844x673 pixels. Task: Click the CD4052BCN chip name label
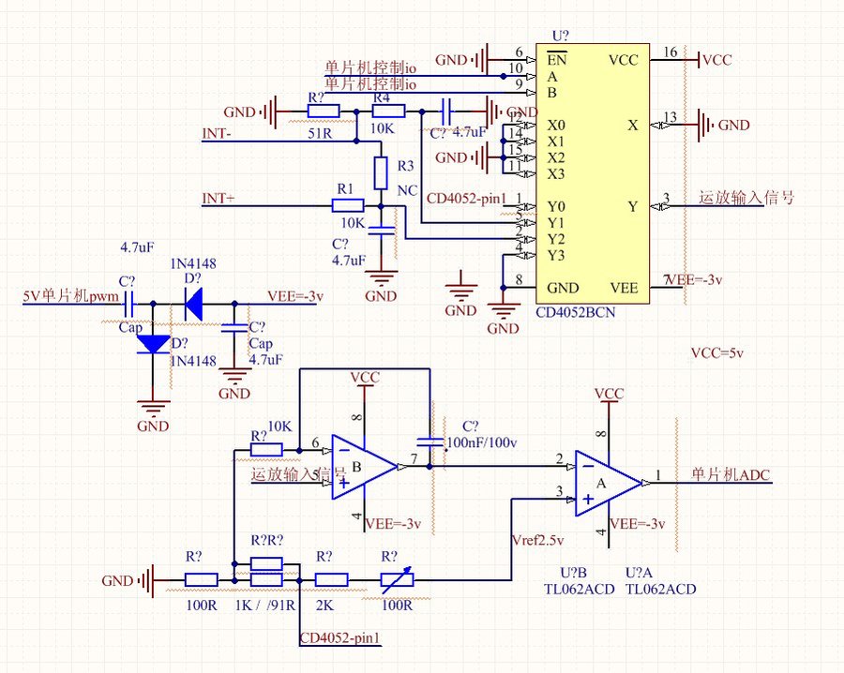(576, 312)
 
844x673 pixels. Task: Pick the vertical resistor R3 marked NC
(380, 172)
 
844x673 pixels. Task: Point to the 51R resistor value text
(320, 133)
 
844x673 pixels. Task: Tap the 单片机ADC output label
(731, 475)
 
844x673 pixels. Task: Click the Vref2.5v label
(539, 542)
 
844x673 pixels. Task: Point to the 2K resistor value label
(324, 606)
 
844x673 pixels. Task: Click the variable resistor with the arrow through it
(393, 581)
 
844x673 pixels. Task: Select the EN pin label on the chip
(555, 60)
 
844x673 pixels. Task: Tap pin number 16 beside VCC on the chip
(670, 52)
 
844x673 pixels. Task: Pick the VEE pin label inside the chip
(623, 288)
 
